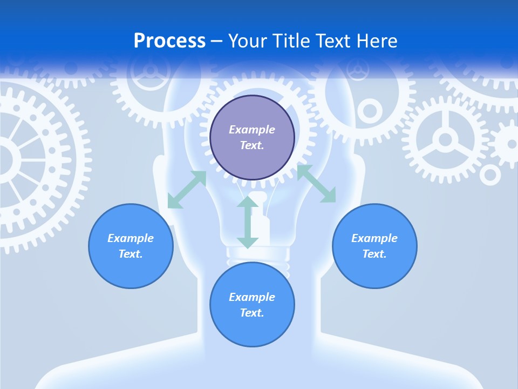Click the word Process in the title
coord(169,41)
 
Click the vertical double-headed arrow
coord(248,222)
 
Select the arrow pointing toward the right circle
coord(317,184)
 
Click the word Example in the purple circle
coord(252,130)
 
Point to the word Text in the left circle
coord(131,254)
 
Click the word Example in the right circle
coord(374,238)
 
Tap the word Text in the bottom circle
coord(252,313)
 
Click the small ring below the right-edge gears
coord(490,175)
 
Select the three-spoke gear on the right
coord(445,140)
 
